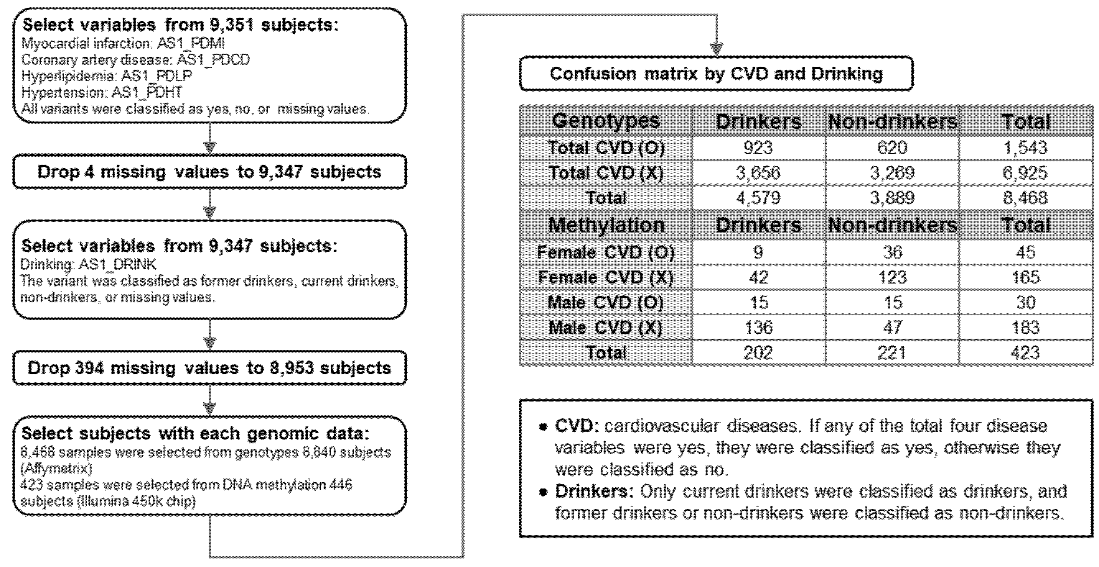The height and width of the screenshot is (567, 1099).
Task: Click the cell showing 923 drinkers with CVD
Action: (x=758, y=148)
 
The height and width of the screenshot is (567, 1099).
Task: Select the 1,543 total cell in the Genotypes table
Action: (x=1025, y=148)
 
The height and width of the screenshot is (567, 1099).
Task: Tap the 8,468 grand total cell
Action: (x=1025, y=198)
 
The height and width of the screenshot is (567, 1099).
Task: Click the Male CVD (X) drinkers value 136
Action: (x=758, y=327)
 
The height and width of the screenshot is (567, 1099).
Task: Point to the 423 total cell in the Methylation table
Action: (x=1025, y=353)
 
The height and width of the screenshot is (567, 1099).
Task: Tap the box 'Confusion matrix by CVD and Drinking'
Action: (x=716, y=74)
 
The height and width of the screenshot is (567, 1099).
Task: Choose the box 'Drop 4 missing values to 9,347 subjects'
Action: (x=209, y=172)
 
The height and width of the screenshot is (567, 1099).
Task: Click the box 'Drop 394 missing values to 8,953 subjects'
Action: (x=209, y=368)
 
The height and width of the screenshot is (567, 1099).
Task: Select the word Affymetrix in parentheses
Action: (x=56, y=468)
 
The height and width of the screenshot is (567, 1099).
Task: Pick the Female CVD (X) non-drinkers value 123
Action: (x=892, y=278)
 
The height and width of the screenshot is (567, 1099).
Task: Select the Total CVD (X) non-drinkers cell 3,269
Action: (x=892, y=173)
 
